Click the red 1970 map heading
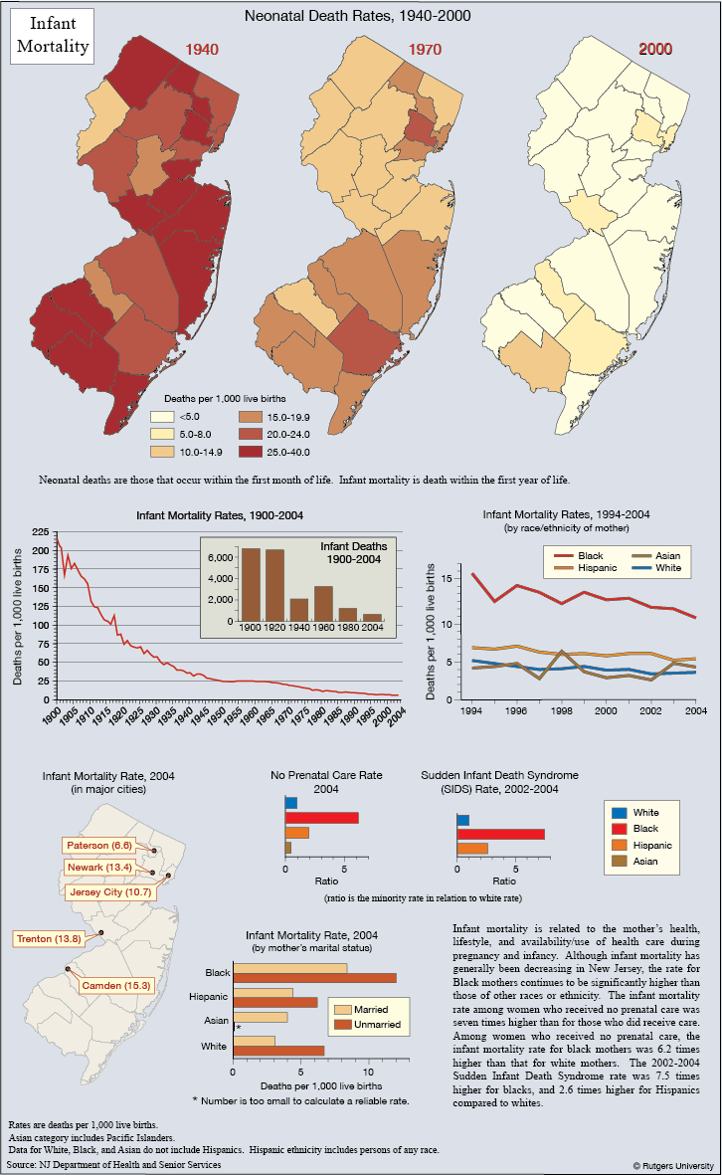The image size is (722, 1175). click(x=425, y=50)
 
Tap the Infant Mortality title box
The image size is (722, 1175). click(x=53, y=35)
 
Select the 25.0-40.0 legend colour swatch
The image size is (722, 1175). click(x=251, y=452)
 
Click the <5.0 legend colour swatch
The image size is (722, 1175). click(x=162, y=417)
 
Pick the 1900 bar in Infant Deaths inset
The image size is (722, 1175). click(x=251, y=584)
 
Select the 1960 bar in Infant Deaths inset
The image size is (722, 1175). click(x=323, y=603)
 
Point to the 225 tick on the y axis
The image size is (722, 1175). click(x=41, y=532)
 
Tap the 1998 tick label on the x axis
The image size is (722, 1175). click(x=562, y=711)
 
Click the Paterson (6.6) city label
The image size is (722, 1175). click(x=98, y=846)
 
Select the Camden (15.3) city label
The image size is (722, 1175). click(x=116, y=985)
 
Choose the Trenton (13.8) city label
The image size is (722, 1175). click(x=49, y=938)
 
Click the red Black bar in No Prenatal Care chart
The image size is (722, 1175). click(x=322, y=818)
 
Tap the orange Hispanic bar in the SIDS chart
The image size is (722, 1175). click(x=472, y=849)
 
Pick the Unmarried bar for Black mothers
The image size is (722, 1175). click(x=314, y=978)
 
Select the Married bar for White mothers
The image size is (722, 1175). click(x=254, y=1040)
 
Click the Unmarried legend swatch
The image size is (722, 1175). click(x=342, y=1025)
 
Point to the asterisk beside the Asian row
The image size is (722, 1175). click(x=238, y=1028)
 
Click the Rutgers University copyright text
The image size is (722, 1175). click(x=673, y=1165)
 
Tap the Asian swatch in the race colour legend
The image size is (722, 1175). click(x=619, y=861)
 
